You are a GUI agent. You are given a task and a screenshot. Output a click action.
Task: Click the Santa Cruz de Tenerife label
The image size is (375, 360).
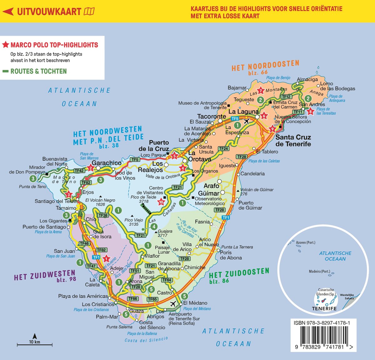293,141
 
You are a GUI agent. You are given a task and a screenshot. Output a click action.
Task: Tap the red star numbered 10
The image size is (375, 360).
161,202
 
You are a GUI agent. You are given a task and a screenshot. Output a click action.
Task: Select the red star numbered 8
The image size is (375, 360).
310,111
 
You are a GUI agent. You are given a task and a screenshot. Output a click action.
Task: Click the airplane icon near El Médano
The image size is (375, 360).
172,303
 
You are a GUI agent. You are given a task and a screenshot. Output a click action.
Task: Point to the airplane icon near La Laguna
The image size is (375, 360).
247,121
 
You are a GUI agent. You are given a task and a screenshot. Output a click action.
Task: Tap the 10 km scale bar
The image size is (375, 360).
34,345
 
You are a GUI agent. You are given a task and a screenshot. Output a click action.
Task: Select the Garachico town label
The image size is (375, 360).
107,163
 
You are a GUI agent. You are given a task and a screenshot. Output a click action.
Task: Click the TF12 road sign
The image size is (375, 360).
286,97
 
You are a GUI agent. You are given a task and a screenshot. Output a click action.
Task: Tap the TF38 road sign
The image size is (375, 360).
103,215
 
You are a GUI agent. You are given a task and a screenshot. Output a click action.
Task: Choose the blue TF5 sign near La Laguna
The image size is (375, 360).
235,118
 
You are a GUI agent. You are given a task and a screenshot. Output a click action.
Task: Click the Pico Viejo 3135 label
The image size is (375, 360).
133,222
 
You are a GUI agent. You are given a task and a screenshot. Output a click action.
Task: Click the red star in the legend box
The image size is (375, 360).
5,45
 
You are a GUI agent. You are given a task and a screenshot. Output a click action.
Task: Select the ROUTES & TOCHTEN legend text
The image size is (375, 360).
38,71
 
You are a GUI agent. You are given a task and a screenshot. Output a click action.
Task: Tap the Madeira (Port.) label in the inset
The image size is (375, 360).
319,271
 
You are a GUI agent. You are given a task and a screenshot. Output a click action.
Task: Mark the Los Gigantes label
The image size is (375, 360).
53,221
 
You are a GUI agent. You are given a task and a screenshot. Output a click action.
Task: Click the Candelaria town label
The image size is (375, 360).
252,173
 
